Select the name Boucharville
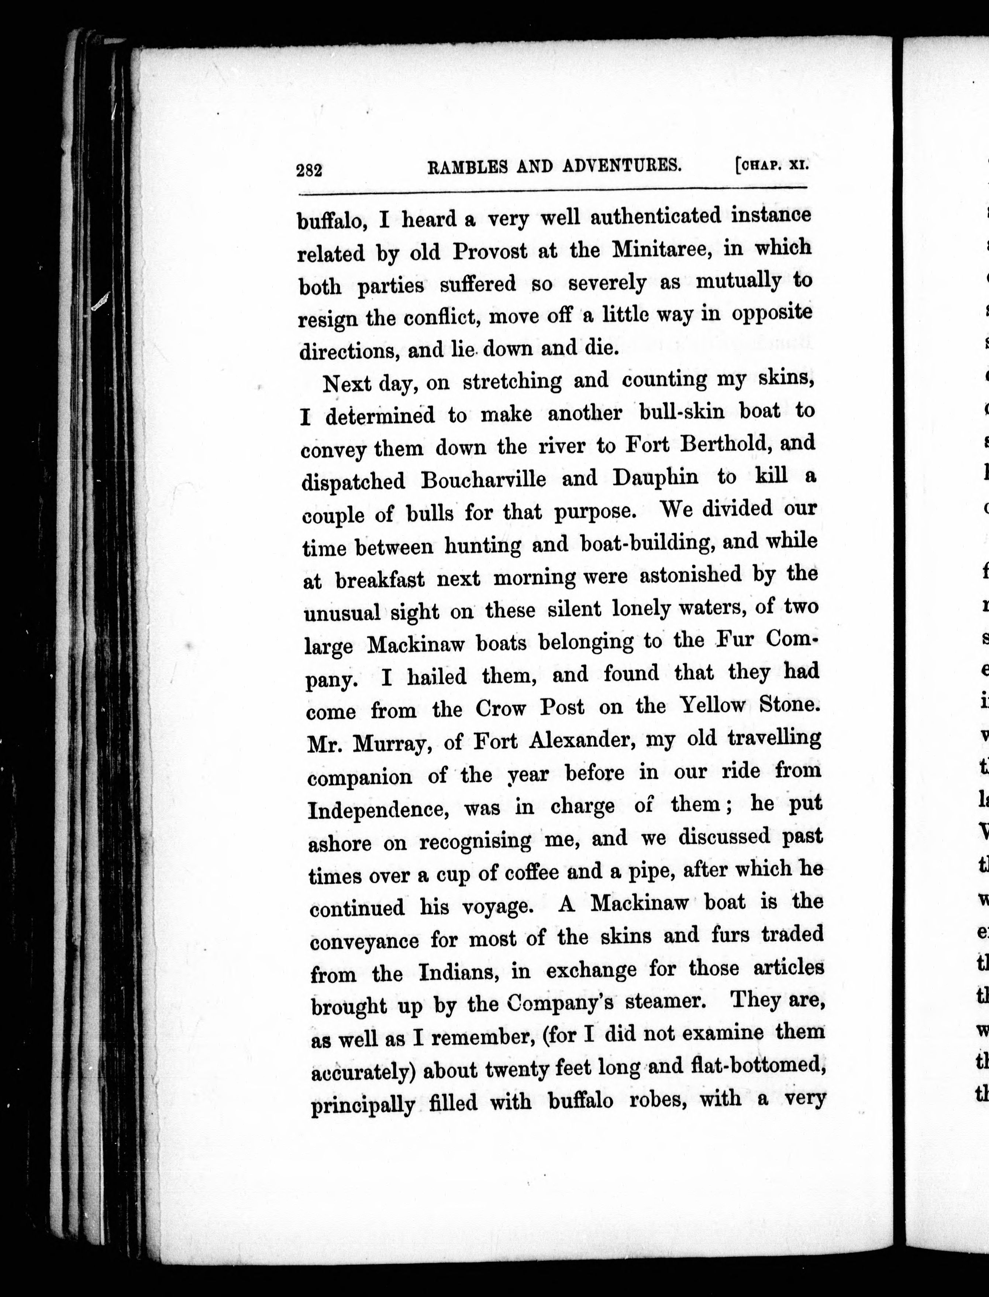pyautogui.click(x=483, y=479)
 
